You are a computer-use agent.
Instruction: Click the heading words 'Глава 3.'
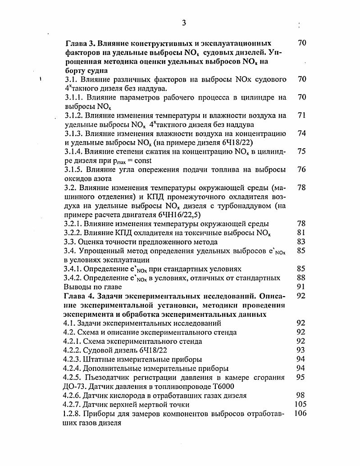pos(81,43)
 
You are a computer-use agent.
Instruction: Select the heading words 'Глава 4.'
pos(81,296)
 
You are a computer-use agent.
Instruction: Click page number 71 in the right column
pos(302,115)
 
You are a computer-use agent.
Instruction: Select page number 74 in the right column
pos(302,133)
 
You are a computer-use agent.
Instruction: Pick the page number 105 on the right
pos(300,405)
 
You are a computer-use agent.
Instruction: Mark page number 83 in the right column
pos(302,242)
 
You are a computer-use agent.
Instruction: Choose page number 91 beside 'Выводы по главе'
pos(302,287)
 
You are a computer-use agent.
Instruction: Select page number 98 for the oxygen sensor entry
pos(302,396)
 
